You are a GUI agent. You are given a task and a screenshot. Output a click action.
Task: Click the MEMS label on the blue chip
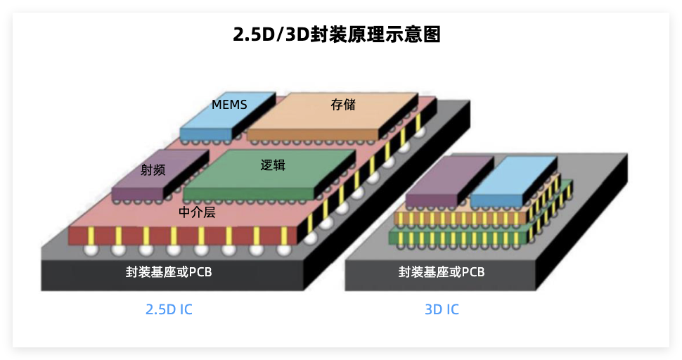tap(229, 105)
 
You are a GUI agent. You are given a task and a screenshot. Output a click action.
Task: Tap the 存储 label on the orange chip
tap(343, 105)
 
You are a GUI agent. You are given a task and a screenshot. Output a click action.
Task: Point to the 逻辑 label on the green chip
tap(273, 165)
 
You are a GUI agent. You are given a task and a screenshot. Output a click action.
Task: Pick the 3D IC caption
tap(442, 309)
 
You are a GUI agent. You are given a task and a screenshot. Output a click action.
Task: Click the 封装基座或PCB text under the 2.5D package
tap(169, 272)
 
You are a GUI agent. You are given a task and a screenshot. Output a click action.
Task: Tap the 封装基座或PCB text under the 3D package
tap(442, 272)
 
